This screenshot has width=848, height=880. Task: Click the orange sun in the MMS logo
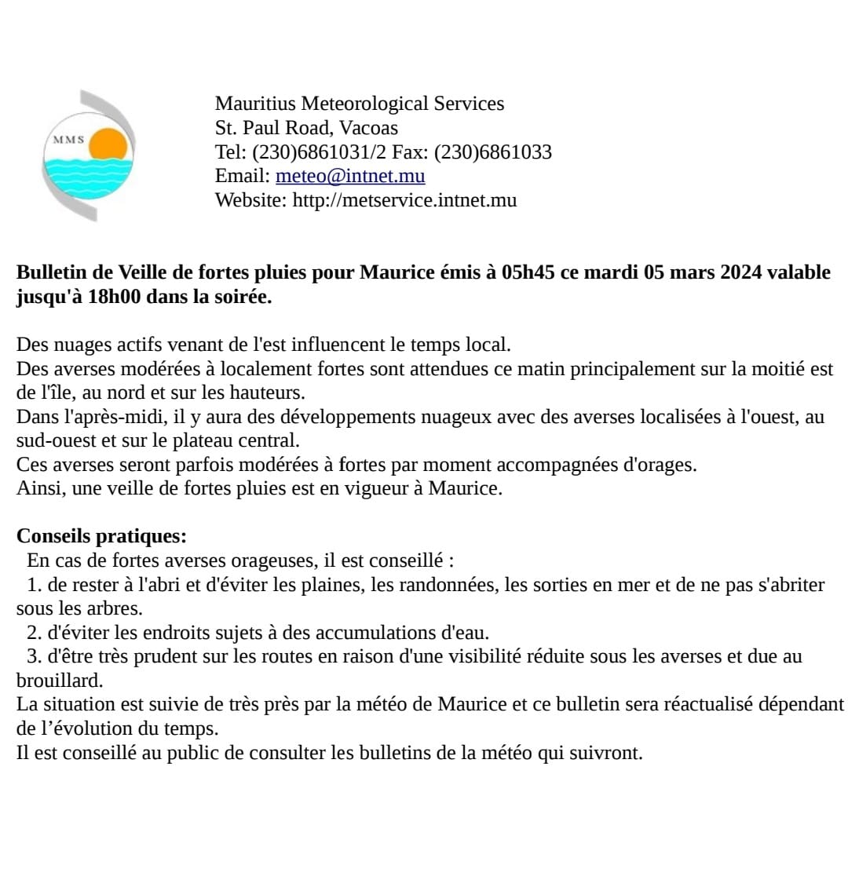click(x=108, y=144)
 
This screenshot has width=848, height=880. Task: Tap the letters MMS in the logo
click(x=68, y=139)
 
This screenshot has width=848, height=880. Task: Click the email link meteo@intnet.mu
click(x=350, y=176)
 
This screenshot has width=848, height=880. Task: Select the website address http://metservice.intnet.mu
click(x=404, y=200)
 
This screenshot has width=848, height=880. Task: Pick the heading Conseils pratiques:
click(x=102, y=537)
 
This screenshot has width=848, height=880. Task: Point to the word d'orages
click(x=660, y=465)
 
